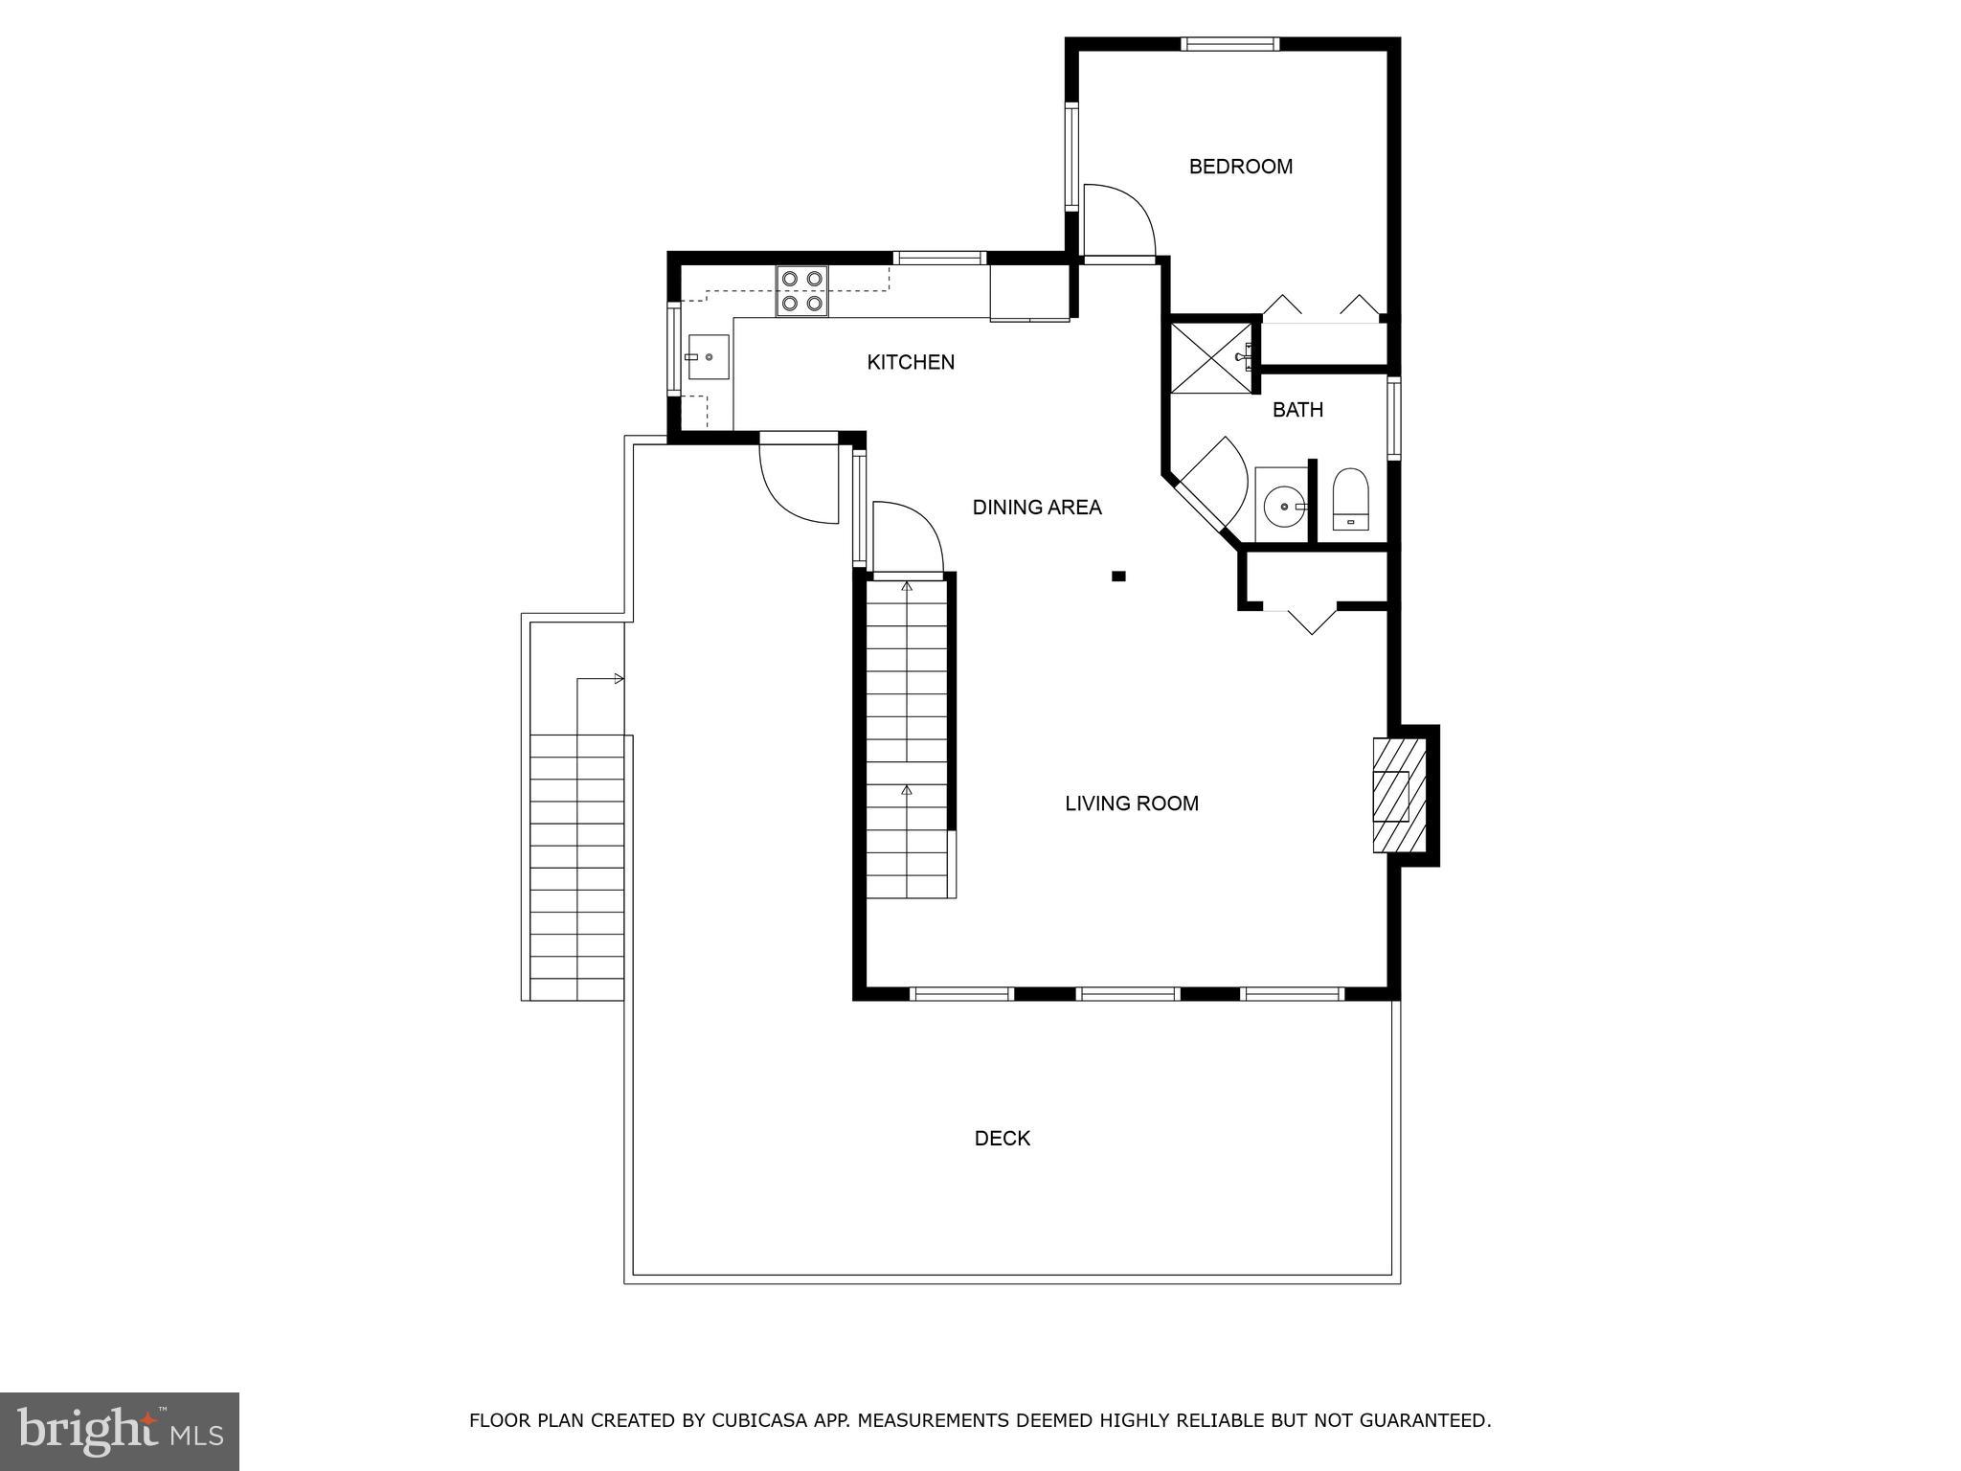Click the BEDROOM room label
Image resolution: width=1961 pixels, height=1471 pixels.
(x=1240, y=167)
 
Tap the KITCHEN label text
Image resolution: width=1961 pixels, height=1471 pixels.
(x=911, y=362)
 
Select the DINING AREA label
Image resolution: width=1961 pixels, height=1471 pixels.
(x=1037, y=508)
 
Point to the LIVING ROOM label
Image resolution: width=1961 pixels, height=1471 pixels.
(x=1132, y=803)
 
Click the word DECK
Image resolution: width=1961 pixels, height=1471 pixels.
(x=1003, y=1139)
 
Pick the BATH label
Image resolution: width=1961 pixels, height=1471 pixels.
(x=1297, y=410)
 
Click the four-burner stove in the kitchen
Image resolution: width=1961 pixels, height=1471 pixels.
(x=802, y=291)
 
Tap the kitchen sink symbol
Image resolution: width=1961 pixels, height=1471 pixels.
(x=707, y=357)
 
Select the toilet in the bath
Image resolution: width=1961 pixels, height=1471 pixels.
(x=1350, y=499)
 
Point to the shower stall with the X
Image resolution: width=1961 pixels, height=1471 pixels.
(x=1211, y=358)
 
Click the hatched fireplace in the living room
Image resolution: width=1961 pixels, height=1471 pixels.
(x=1399, y=795)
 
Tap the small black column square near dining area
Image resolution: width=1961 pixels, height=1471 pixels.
(x=1118, y=577)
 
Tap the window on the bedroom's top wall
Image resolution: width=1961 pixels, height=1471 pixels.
(x=1229, y=43)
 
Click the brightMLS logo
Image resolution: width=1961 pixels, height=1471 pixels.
(x=120, y=1432)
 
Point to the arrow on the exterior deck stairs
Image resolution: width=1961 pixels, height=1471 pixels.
(x=599, y=679)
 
